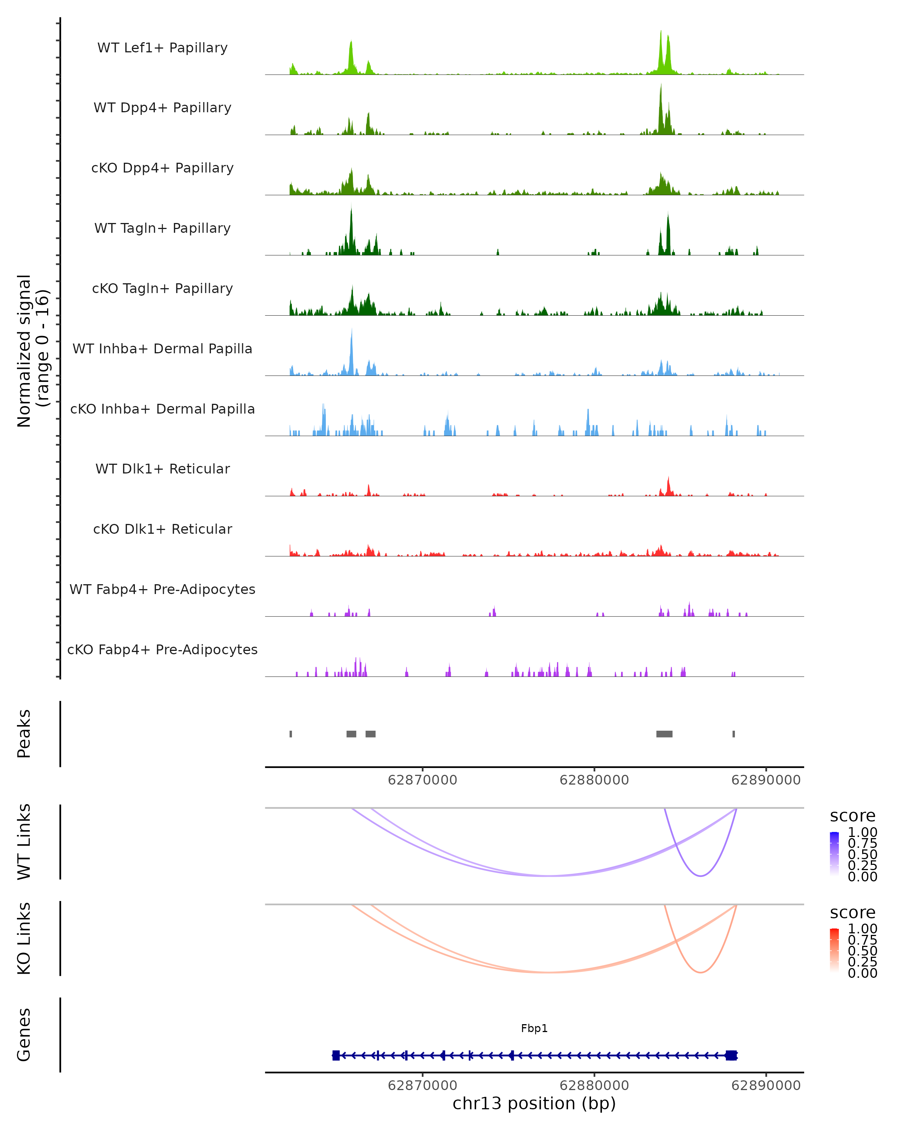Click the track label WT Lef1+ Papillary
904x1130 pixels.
162,48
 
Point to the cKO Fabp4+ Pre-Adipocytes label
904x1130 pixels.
162,649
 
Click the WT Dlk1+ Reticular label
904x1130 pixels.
162,469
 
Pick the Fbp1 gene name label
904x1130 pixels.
534,1028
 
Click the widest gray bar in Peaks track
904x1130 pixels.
664,734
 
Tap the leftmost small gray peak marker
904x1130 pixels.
291,734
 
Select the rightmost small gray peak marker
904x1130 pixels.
734,734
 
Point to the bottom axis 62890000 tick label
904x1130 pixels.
766,1086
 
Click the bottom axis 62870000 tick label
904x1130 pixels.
422,1086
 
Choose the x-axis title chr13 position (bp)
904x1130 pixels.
534,1104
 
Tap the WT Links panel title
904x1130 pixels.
24,842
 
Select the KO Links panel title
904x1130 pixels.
24,938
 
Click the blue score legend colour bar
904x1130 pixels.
834,853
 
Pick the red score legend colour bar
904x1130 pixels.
834,950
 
